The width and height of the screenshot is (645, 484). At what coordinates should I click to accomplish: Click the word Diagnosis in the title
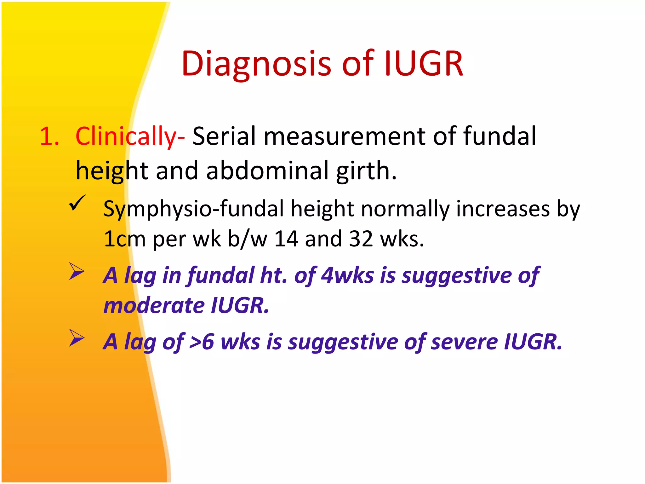[256, 64]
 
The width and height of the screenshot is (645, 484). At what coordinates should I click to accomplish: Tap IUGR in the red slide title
[424, 64]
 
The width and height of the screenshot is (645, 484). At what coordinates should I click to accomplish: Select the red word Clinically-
[130, 136]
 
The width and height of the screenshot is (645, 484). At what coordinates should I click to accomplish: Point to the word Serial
[224, 136]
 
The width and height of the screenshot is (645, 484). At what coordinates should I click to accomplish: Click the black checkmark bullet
[77, 202]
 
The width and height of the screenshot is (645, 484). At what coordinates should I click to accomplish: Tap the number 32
[361, 239]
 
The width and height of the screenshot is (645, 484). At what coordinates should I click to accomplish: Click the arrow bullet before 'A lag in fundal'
[77, 271]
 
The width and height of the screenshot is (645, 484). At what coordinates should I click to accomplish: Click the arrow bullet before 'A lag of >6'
[77, 338]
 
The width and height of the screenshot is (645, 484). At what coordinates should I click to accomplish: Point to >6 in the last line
[202, 342]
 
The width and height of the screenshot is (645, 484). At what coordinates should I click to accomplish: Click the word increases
[503, 209]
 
